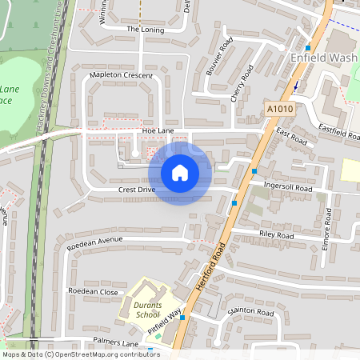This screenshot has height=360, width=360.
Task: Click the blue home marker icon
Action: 180,172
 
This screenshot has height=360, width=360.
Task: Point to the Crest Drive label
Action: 137,190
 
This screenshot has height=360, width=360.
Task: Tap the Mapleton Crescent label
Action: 121,74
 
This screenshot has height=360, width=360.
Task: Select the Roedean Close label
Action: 94,291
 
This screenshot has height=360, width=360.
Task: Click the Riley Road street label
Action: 277,235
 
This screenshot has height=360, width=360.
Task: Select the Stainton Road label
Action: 251,310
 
